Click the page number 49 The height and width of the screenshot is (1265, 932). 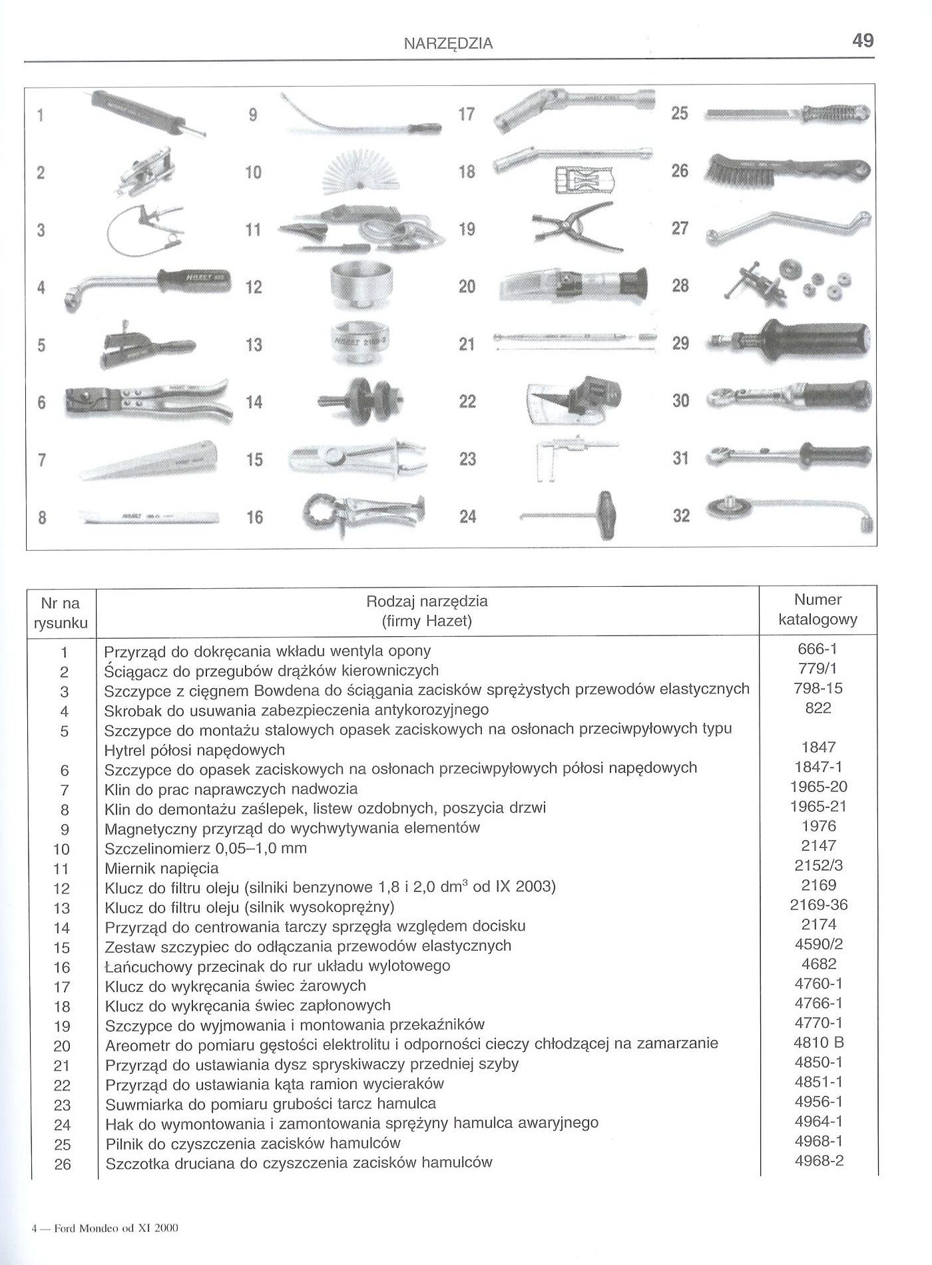point(862,41)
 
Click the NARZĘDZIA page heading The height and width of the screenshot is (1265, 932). point(449,44)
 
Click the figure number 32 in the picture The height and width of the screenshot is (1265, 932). point(681,516)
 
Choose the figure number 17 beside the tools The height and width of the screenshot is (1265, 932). point(467,114)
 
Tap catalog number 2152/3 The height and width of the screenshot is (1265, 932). point(818,865)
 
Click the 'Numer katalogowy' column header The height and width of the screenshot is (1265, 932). point(818,610)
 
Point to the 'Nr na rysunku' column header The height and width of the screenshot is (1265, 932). point(61,613)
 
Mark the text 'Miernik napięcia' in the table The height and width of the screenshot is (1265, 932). point(162,869)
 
